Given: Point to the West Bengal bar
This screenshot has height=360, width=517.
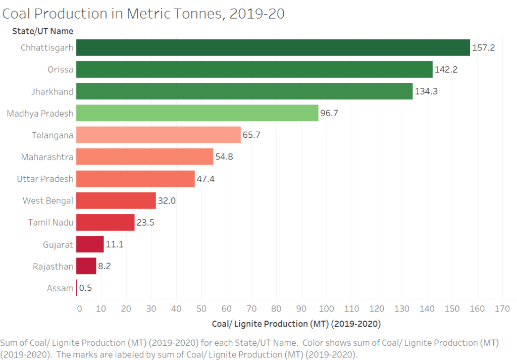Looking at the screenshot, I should pos(116,200).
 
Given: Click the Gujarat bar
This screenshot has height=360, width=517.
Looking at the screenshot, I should pos(90,244).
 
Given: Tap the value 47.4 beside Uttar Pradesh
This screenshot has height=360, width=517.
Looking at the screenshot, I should pos(205,179).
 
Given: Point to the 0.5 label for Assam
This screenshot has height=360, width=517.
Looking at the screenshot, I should pos(86,288).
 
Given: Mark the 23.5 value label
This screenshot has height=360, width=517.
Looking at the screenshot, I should pos(145,222).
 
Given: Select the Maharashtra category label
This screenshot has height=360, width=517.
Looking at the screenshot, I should pos(47,157).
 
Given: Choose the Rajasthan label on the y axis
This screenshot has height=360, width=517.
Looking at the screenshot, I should pos(53,266).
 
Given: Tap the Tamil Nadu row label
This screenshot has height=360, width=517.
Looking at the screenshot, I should pos(50,222).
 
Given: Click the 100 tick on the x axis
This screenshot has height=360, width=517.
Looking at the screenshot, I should pos(326,308).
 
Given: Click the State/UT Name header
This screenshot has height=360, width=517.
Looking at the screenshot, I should pos(43,31).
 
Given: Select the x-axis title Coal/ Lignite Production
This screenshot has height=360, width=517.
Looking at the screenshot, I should pos(296,323).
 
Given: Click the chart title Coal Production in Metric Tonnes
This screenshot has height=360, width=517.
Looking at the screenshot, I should pos(144,13).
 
